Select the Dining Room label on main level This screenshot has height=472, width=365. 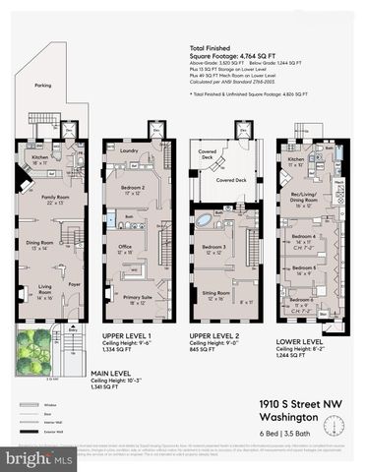point(39,244)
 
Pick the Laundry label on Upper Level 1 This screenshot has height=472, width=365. point(125,150)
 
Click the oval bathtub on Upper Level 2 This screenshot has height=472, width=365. point(203,219)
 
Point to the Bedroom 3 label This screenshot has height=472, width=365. point(213,247)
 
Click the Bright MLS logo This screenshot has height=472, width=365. point(39,458)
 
